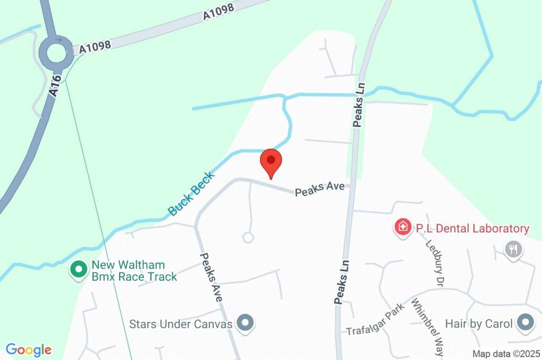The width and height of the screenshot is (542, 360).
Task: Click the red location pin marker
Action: pyautogui.click(x=271, y=161)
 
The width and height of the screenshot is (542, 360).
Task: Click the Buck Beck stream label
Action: pyautogui.click(x=192, y=194)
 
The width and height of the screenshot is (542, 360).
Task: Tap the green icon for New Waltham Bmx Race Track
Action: pyautogui.click(x=79, y=270)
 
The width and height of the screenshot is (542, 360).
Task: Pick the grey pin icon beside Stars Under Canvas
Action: pyautogui.click(x=245, y=322)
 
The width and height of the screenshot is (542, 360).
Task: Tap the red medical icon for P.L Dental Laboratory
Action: pyautogui.click(x=403, y=228)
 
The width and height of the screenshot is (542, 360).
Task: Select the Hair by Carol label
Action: pyautogui.click(x=479, y=323)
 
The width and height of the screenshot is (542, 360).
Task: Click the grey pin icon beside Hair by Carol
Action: pyautogui.click(x=525, y=322)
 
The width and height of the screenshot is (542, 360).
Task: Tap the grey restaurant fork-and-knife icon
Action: pyautogui.click(x=513, y=249)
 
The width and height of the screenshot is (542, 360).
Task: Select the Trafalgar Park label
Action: pyautogui.click(x=376, y=319)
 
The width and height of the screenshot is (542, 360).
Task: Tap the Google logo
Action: pyautogui.click(x=29, y=349)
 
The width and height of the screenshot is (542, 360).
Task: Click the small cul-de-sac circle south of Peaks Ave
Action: pyautogui.click(x=248, y=237)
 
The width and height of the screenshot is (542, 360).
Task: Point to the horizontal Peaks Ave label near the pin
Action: pyautogui.click(x=320, y=189)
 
